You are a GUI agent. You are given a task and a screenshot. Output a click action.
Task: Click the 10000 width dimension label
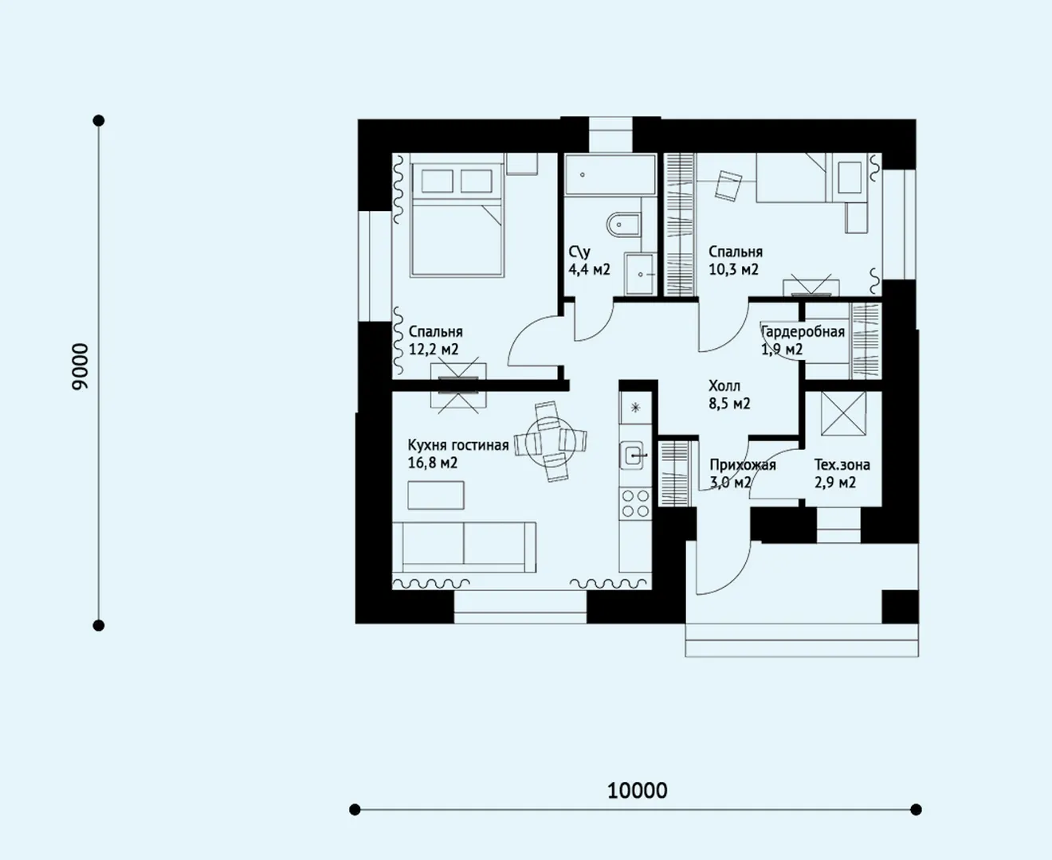pyautogui.click(x=637, y=791)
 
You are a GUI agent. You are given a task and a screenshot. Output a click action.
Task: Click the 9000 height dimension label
pyautogui.click(x=80, y=366)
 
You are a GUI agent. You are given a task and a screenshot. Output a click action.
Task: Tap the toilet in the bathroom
pyautogui.click(x=623, y=225)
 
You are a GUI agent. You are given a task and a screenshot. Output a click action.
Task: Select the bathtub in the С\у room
pyautogui.click(x=610, y=174)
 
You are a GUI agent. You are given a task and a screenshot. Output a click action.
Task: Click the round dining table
pyautogui.click(x=550, y=441)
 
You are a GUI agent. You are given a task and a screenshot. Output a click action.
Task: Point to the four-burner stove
pyautogui.click(x=635, y=503)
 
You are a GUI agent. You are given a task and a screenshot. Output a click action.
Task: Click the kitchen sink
pyautogui.click(x=633, y=455)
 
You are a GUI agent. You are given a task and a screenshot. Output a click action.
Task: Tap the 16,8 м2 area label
pyautogui.click(x=433, y=463)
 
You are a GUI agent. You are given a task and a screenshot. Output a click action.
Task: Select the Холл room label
pyautogui.click(x=724, y=386)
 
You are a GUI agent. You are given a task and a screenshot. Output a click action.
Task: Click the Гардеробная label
pyautogui.click(x=803, y=332)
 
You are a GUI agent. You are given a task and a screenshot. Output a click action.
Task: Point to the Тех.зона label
pyautogui.click(x=842, y=465)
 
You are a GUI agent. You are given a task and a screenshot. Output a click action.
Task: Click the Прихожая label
pyautogui.click(x=743, y=465)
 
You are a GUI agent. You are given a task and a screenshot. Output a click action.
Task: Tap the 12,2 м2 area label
pyautogui.click(x=434, y=350)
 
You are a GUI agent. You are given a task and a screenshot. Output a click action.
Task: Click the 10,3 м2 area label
pyautogui.click(x=733, y=270)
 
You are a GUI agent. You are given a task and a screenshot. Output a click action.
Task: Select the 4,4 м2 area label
pyautogui.click(x=589, y=270)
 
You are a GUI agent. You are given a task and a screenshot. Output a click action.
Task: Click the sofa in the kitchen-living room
pyautogui.click(x=464, y=547)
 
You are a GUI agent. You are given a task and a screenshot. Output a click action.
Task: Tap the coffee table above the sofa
pyautogui.click(x=436, y=495)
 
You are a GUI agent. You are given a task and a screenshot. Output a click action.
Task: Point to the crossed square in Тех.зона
pyautogui.click(x=843, y=413)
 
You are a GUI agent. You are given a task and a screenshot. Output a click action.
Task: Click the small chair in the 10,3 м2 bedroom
pyautogui.click(x=728, y=186)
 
